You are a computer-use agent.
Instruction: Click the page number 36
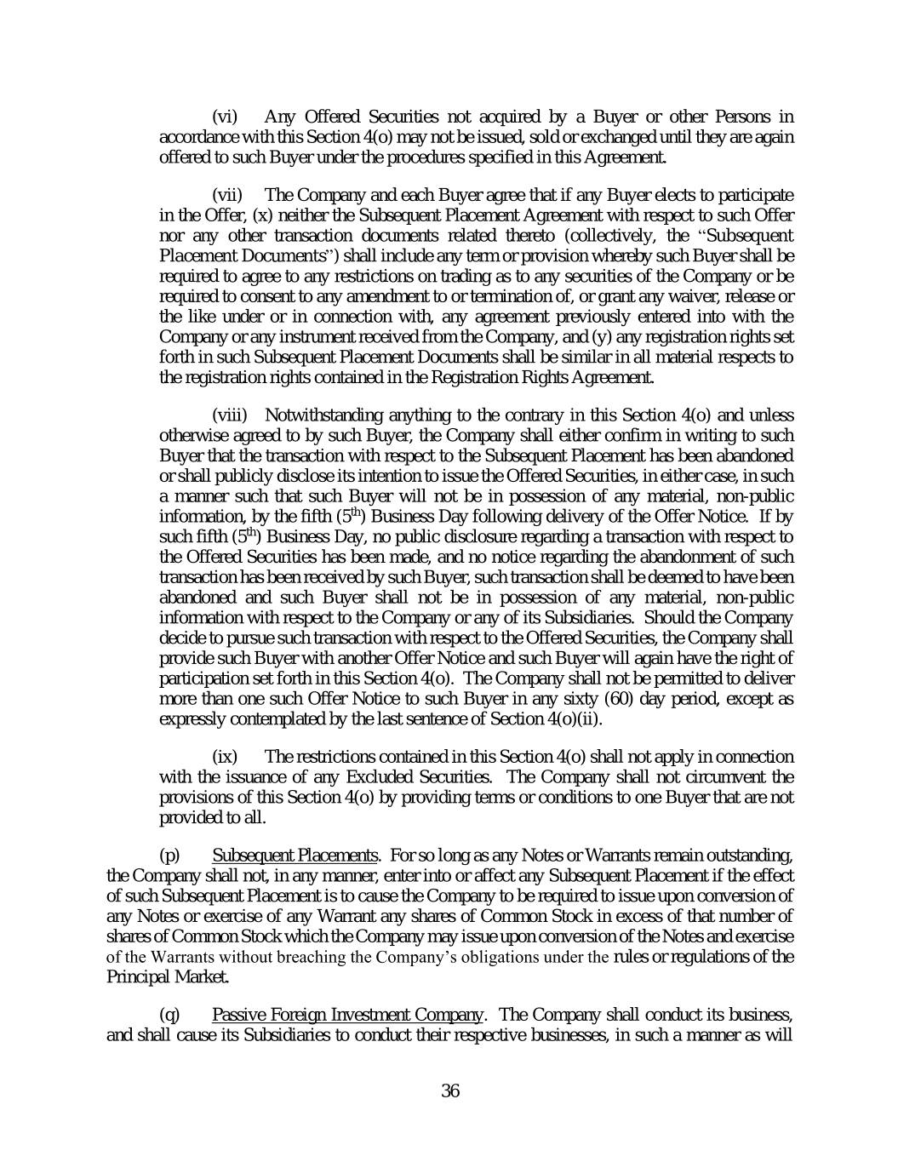coord(450,1090)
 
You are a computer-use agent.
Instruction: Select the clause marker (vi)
coord(225,117)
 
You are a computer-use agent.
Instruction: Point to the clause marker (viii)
coord(229,415)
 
